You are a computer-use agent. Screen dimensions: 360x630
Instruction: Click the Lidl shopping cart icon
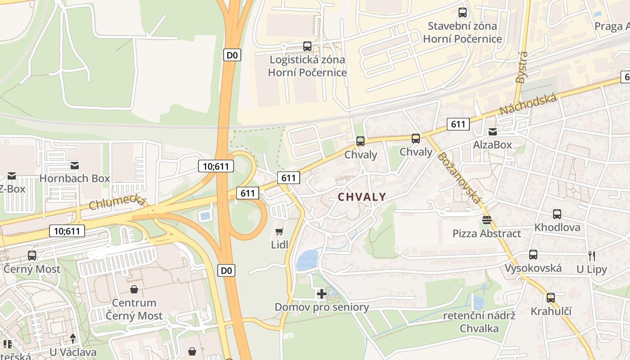279,232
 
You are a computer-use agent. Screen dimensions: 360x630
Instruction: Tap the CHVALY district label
362,197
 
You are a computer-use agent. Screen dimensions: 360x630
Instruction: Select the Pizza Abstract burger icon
486,220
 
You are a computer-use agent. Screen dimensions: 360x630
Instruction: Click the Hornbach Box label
75,178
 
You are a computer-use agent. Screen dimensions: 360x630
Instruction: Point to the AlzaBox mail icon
493,132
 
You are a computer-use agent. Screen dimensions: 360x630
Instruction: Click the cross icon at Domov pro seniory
321,294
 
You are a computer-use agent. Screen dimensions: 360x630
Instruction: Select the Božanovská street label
459,178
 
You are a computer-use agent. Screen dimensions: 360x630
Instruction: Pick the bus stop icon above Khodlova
557,214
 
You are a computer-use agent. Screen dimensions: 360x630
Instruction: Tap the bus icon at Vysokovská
533,255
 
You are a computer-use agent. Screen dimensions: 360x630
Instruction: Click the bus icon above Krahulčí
550,297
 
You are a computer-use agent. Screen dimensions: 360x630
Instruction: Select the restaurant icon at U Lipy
592,256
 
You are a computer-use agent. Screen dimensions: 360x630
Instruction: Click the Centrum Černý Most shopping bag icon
134,289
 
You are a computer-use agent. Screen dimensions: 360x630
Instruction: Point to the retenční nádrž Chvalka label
479,322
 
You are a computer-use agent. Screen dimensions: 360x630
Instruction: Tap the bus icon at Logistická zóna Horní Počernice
307,46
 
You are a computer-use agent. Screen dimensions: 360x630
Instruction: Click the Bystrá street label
522,67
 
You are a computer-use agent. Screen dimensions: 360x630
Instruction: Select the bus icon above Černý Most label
32,255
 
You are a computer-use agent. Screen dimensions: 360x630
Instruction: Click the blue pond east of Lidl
307,260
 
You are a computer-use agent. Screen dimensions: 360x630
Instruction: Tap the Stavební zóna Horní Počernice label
463,32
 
